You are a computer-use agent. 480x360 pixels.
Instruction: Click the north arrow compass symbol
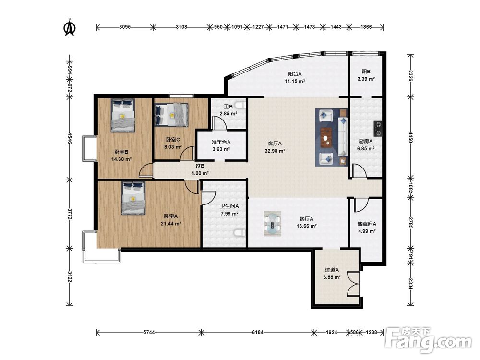(x=70, y=27)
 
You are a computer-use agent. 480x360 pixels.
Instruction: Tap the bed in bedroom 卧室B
(x=123, y=115)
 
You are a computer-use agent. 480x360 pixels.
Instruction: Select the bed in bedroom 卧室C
(x=171, y=115)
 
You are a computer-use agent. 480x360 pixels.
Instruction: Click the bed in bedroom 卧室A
(x=133, y=198)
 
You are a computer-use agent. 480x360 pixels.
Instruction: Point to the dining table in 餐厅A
(x=273, y=224)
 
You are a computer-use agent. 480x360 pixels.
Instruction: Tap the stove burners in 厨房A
(x=378, y=129)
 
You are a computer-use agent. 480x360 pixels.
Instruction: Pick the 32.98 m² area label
(x=275, y=151)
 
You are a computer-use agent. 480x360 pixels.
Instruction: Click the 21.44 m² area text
(x=171, y=224)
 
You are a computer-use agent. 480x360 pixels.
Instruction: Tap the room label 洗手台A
(x=221, y=142)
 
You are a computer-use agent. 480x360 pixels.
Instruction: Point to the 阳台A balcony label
(x=295, y=74)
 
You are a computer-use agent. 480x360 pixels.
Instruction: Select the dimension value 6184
(x=257, y=332)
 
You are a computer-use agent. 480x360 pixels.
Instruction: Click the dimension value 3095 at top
(x=125, y=27)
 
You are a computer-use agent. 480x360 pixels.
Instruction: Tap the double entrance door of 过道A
(x=353, y=283)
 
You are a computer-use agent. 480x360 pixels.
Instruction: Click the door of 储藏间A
(x=361, y=205)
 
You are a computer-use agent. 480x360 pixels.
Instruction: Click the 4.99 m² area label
(x=367, y=231)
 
